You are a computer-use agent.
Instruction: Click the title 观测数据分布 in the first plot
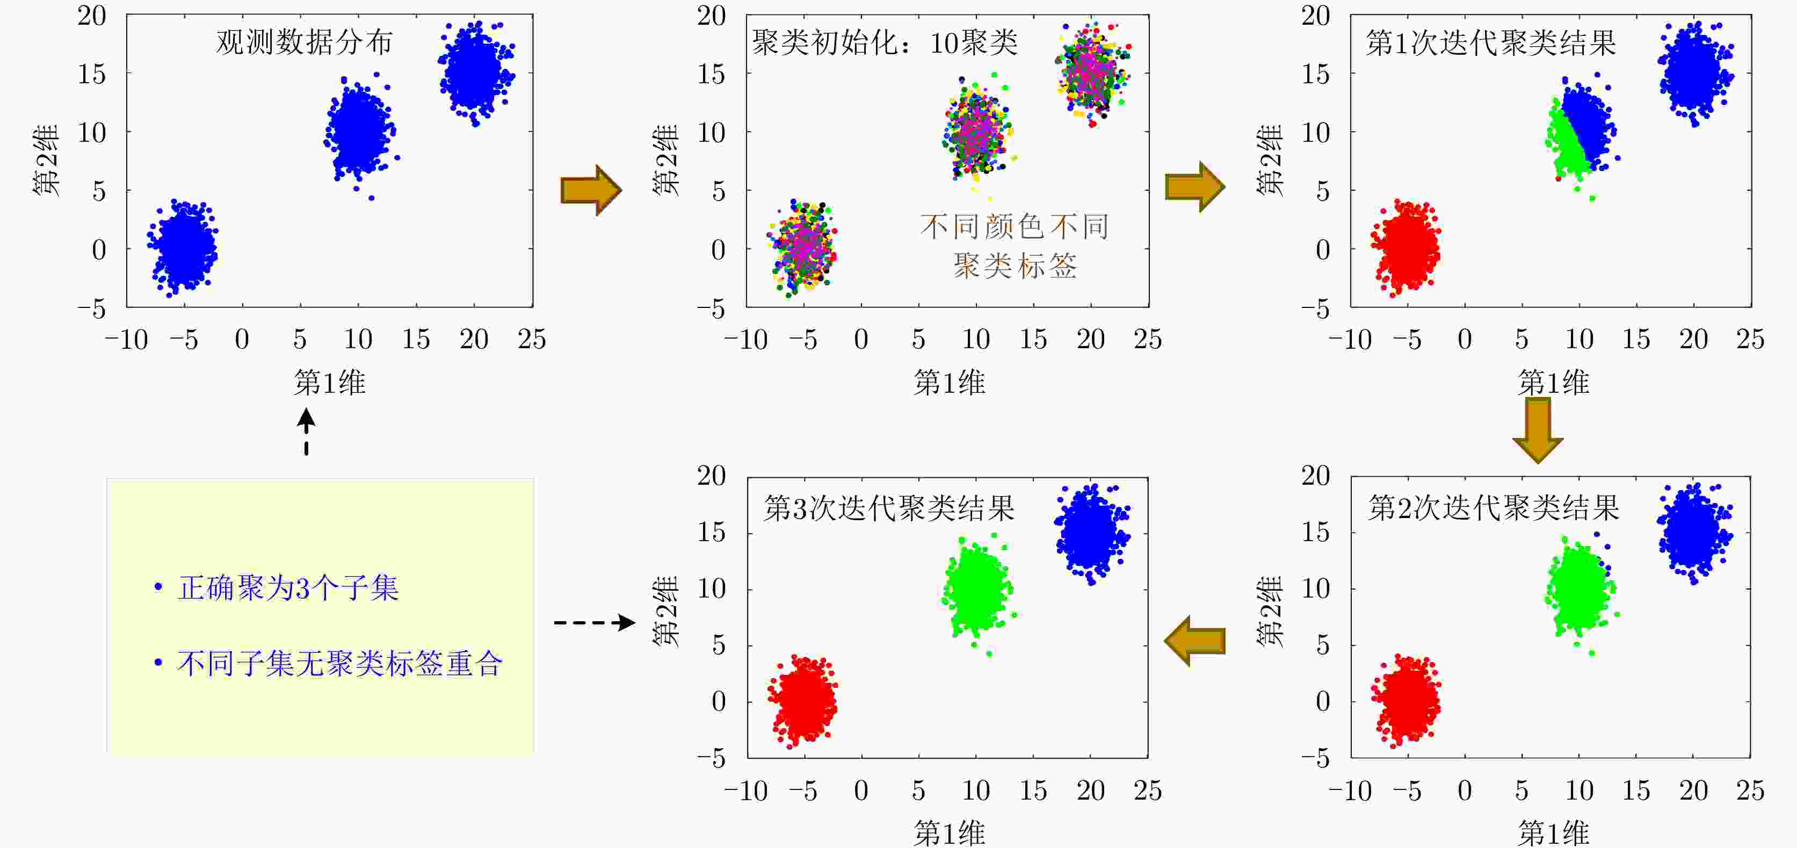pos(304,42)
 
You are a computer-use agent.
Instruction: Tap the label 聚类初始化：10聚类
pos(885,42)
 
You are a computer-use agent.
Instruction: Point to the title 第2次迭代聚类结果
pos(1493,507)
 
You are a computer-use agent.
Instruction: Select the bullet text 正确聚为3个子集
pos(288,588)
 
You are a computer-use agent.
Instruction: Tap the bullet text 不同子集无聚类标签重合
pos(340,663)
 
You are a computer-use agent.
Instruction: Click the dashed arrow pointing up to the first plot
pos(306,432)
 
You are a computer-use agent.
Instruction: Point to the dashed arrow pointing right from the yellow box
pos(595,622)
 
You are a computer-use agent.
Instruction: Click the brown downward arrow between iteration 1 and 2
pos(1538,430)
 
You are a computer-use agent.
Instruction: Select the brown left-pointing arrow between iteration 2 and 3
pos(1195,641)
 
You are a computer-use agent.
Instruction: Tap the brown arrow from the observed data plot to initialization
pos(591,190)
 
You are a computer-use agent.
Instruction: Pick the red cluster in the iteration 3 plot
pos(802,701)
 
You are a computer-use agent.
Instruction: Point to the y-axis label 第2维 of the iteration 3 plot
pos(665,612)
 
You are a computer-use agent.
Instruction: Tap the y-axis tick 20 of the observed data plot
pos(91,16)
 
